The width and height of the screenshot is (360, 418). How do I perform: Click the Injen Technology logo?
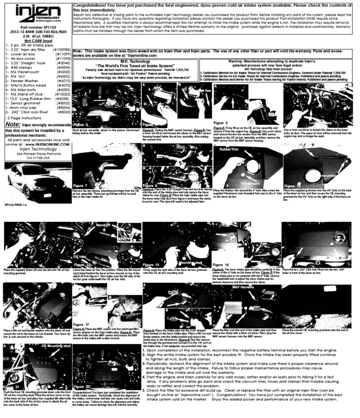[36, 13]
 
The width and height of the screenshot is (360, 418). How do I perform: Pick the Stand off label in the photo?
[103, 225]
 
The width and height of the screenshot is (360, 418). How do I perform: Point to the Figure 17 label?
[84, 324]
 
